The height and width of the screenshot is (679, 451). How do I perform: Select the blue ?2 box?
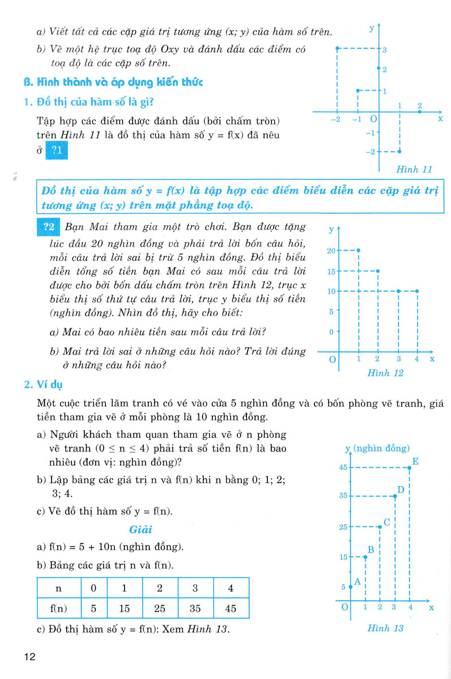click(48, 227)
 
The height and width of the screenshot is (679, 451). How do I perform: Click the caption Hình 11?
click(415, 169)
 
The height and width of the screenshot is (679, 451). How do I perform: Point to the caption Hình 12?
click(385, 373)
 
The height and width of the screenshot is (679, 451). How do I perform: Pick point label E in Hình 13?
click(415, 461)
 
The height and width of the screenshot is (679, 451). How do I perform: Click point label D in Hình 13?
click(400, 489)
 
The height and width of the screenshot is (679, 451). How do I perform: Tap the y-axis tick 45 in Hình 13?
click(343, 467)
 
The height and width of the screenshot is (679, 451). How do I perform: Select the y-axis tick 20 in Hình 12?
click(331, 250)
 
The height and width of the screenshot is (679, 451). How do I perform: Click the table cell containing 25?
click(160, 608)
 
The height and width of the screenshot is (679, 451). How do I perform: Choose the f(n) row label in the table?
click(59, 608)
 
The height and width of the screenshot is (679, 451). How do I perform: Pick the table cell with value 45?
click(230, 608)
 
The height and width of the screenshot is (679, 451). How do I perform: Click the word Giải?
click(142, 530)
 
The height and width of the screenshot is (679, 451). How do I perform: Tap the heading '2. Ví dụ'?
click(43, 385)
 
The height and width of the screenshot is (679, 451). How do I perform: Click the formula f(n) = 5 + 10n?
click(113, 547)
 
